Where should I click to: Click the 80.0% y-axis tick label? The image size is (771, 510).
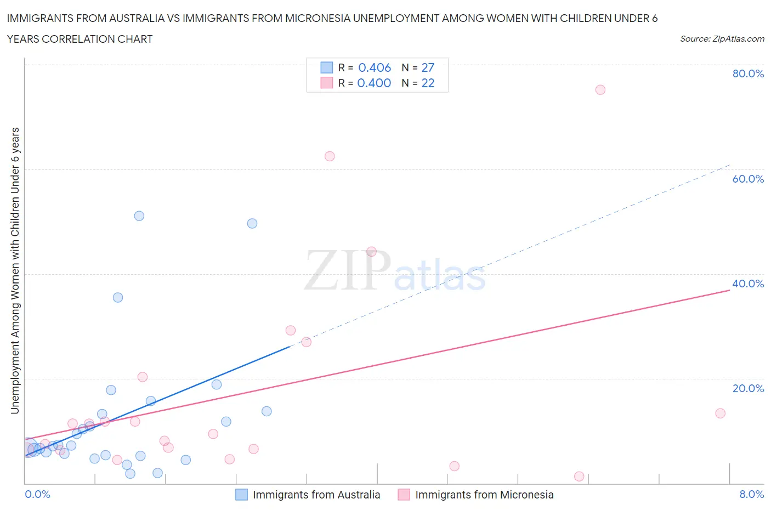(x=748, y=73)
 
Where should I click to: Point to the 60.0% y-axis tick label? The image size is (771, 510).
(x=748, y=179)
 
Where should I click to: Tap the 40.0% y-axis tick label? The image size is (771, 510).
(x=748, y=284)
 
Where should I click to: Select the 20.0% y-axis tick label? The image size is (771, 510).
(x=748, y=388)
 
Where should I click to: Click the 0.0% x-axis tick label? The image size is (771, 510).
(x=37, y=494)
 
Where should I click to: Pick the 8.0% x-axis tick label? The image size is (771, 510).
(x=751, y=494)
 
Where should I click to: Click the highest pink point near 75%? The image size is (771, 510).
(x=600, y=90)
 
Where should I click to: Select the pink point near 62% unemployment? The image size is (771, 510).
(x=330, y=156)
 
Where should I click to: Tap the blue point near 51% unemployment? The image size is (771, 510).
(x=139, y=216)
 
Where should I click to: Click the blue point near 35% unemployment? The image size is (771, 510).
(x=118, y=298)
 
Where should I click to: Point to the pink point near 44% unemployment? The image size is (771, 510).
(x=371, y=252)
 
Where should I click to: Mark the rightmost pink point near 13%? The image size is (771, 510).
(x=720, y=413)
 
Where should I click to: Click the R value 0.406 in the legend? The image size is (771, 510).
(x=375, y=67)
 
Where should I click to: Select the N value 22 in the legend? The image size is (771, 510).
(x=428, y=83)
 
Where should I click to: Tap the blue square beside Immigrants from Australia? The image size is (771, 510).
(x=241, y=495)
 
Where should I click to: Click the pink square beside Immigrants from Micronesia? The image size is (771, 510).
(x=404, y=495)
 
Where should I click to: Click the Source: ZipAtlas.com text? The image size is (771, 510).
(x=722, y=39)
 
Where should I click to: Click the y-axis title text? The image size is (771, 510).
(x=15, y=270)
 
